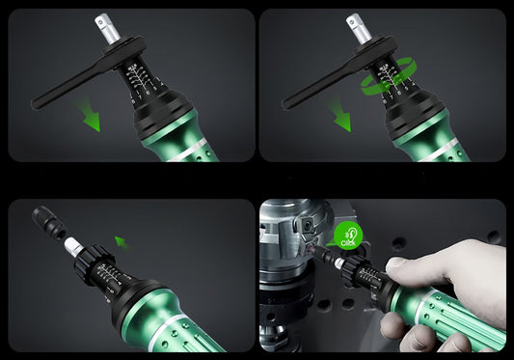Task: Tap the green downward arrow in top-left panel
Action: point(91,118)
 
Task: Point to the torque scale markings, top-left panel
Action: point(143,78)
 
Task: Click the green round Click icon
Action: point(348,236)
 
